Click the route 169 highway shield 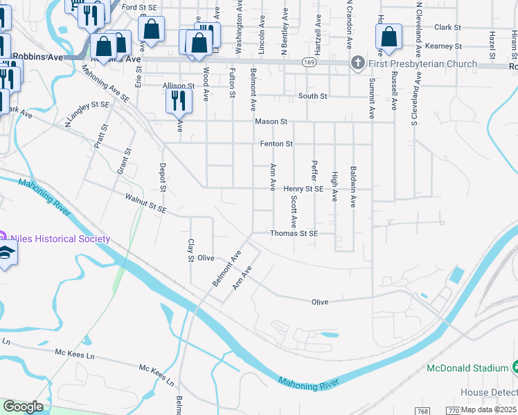tap(310, 63)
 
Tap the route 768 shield tap(424, 411)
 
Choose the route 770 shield tap(454, 411)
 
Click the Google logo tap(23, 407)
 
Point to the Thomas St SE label tap(294, 234)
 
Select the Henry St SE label tap(303, 189)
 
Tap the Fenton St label tap(277, 144)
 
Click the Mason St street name tap(271, 122)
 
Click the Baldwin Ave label tap(352, 182)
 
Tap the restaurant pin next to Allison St tap(179, 100)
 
